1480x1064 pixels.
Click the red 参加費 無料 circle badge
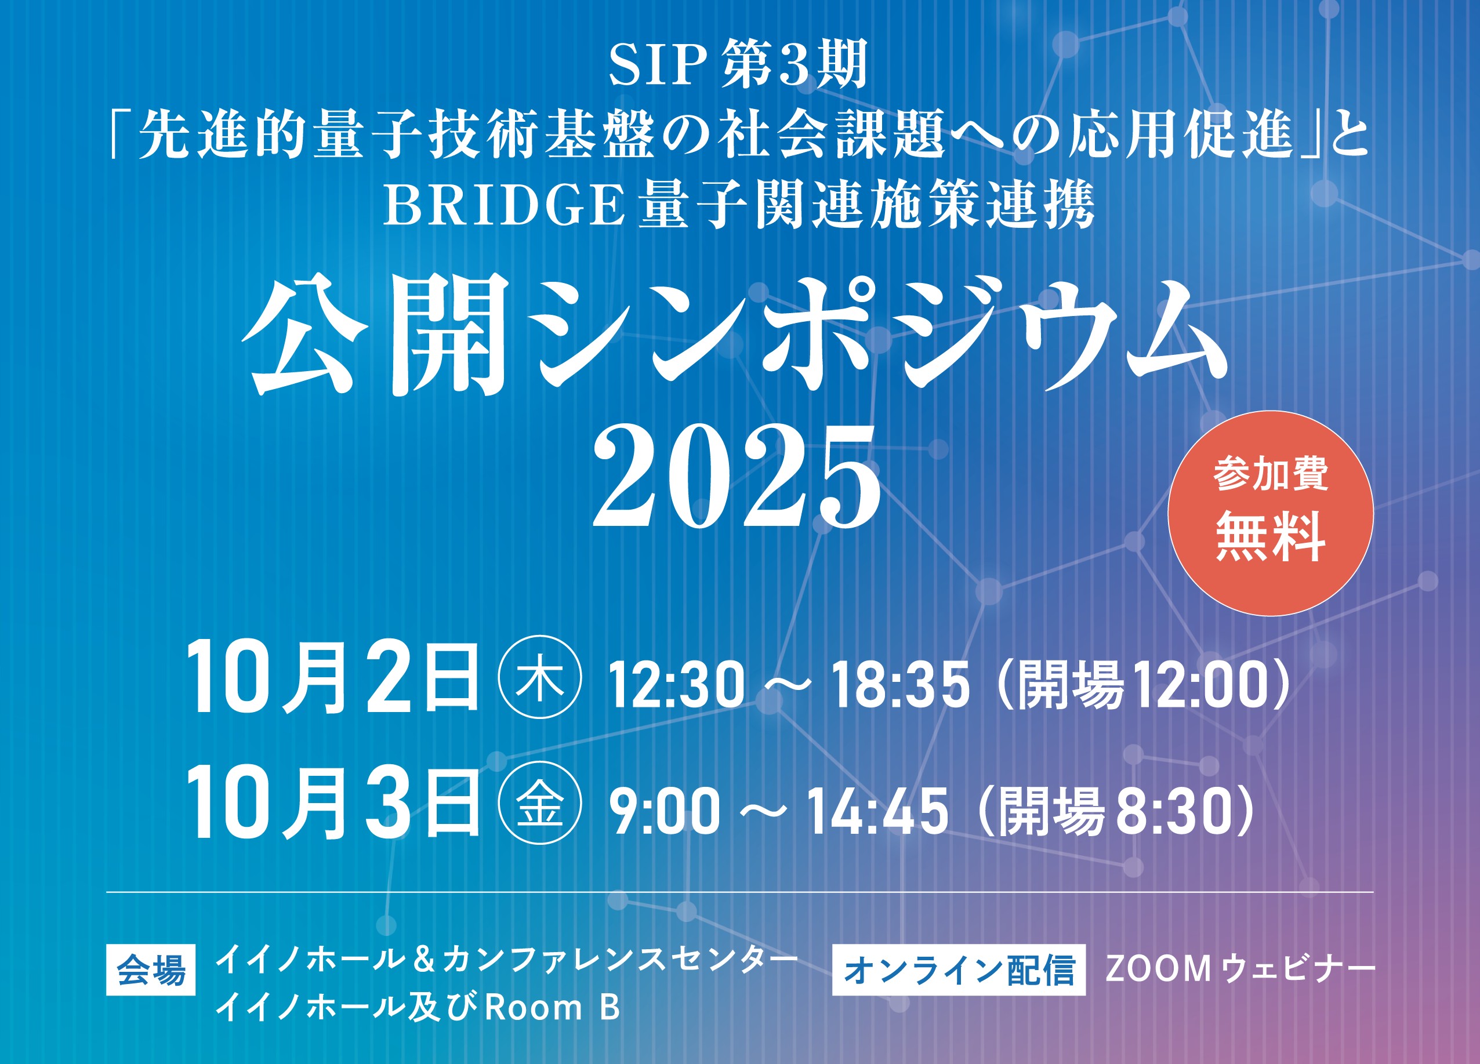click(1270, 513)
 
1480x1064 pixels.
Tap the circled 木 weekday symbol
click(540, 677)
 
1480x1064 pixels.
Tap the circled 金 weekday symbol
click(540, 802)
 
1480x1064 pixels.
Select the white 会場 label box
click(151, 970)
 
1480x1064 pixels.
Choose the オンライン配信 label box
click(959, 969)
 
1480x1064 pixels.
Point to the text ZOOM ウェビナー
click(1240, 969)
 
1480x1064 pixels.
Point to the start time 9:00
click(664, 811)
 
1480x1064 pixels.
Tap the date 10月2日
click(333, 677)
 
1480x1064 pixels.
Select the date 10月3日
click(333, 802)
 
